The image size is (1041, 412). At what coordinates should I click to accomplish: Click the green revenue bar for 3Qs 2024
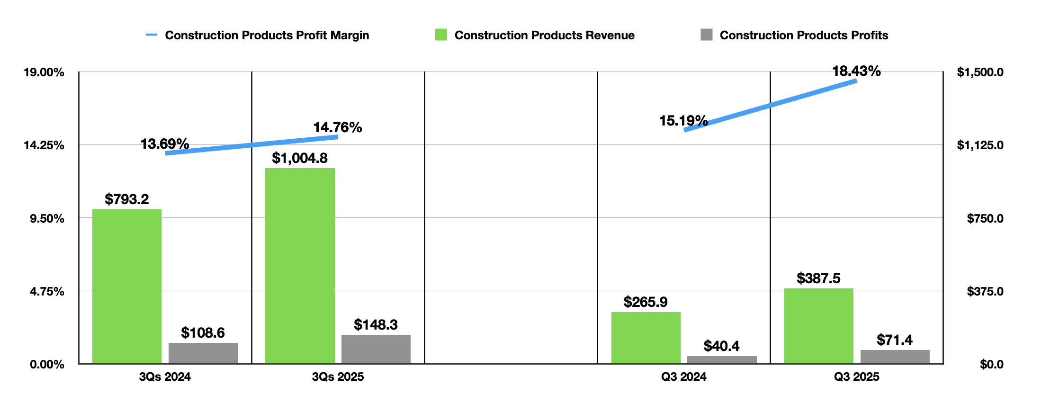point(126,287)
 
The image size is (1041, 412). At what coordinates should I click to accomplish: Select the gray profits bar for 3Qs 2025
point(376,349)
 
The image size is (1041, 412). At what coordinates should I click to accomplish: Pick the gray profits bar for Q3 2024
point(721,360)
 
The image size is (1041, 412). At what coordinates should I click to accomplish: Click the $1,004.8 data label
point(299,158)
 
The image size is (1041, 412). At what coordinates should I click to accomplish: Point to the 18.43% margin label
point(856,71)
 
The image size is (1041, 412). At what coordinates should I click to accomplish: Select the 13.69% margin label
point(164,144)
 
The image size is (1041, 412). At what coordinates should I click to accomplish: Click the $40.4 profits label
point(721,346)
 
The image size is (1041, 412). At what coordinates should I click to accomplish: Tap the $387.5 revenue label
point(818,278)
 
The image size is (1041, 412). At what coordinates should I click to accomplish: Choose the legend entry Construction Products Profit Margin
point(267,35)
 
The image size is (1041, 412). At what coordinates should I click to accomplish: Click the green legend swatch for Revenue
point(441,35)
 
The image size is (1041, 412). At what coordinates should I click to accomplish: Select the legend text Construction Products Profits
point(804,35)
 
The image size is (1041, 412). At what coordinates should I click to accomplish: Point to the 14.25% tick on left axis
point(44,145)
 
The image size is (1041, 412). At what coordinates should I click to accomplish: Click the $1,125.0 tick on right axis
point(980,145)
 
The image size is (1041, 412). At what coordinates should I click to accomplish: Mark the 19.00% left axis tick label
point(44,72)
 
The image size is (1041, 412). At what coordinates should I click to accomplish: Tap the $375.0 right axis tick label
point(985,291)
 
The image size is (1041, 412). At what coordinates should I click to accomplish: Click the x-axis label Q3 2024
point(683,377)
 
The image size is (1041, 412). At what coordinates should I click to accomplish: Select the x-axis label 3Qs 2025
point(338,377)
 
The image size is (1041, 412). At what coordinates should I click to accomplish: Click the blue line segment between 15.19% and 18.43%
point(771,105)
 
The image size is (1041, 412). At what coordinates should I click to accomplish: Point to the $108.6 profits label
point(203,333)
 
